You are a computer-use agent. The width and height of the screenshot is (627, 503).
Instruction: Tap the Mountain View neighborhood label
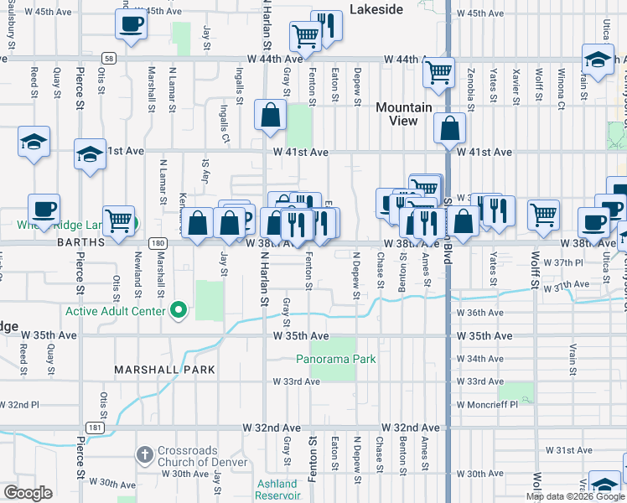[403, 114]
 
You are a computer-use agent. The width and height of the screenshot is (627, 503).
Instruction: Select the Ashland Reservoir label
[277, 490]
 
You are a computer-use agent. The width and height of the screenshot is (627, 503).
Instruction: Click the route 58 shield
[110, 58]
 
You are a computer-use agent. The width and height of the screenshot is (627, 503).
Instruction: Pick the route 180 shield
[157, 242]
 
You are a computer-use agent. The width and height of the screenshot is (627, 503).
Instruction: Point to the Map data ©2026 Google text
[574, 496]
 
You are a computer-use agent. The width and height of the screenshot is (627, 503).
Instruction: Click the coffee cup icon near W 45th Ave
[131, 25]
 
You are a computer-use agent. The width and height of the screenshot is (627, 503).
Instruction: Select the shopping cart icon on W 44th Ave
[438, 74]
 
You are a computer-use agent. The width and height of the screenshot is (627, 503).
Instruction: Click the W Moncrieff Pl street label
[495, 403]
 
